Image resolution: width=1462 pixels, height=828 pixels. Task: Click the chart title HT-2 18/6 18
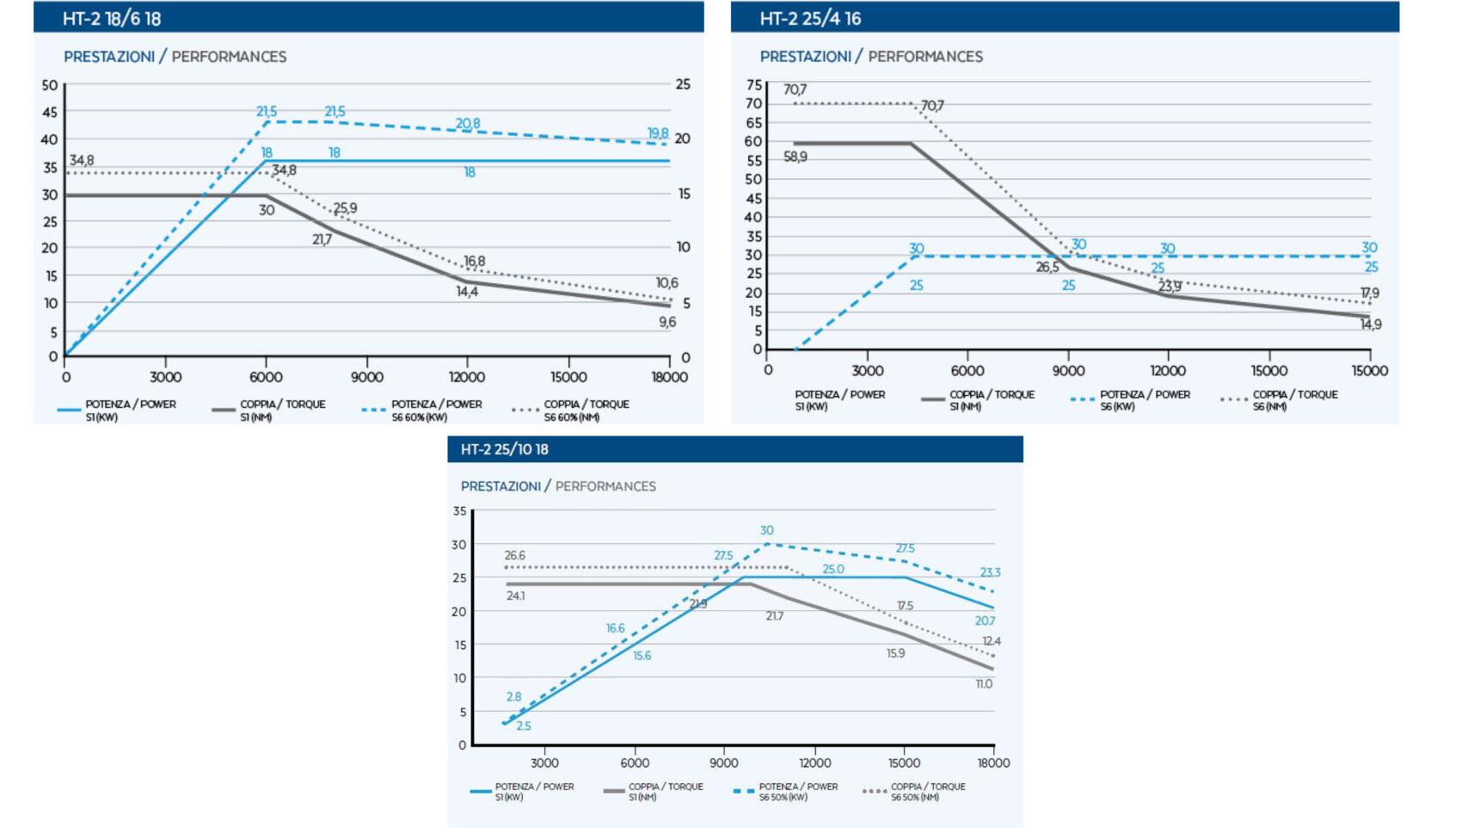[112, 18]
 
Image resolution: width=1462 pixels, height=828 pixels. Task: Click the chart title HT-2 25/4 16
[810, 18]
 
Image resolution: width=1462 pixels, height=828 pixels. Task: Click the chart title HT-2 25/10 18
[505, 449]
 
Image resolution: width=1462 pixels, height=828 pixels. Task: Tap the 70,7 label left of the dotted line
[795, 90]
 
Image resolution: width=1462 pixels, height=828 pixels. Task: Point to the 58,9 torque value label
[795, 157]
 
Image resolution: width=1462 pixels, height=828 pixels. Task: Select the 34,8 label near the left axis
[82, 161]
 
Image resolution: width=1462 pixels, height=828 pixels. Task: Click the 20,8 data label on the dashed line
[468, 124]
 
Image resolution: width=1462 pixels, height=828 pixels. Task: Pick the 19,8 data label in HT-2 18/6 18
[658, 133]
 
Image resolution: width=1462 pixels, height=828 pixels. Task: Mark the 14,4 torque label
[467, 292]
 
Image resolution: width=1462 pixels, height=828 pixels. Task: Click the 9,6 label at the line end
[667, 322]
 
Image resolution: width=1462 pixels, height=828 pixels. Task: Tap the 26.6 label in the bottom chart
[514, 556]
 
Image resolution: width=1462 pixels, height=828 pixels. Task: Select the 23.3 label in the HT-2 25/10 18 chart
[990, 572]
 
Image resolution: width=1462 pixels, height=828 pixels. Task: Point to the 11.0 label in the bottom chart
[984, 684]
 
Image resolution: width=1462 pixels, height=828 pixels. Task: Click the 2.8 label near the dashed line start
[513, 697]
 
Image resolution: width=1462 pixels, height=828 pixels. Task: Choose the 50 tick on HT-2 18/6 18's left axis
[50, 85]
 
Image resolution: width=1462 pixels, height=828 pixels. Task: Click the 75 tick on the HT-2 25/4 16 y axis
[754, 85]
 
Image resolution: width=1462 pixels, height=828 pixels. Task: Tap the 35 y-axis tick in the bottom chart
[460, 511]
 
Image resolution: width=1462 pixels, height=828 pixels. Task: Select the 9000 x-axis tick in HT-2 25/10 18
[724, 763]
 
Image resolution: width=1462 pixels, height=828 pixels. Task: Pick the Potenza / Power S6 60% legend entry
[435, 410]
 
